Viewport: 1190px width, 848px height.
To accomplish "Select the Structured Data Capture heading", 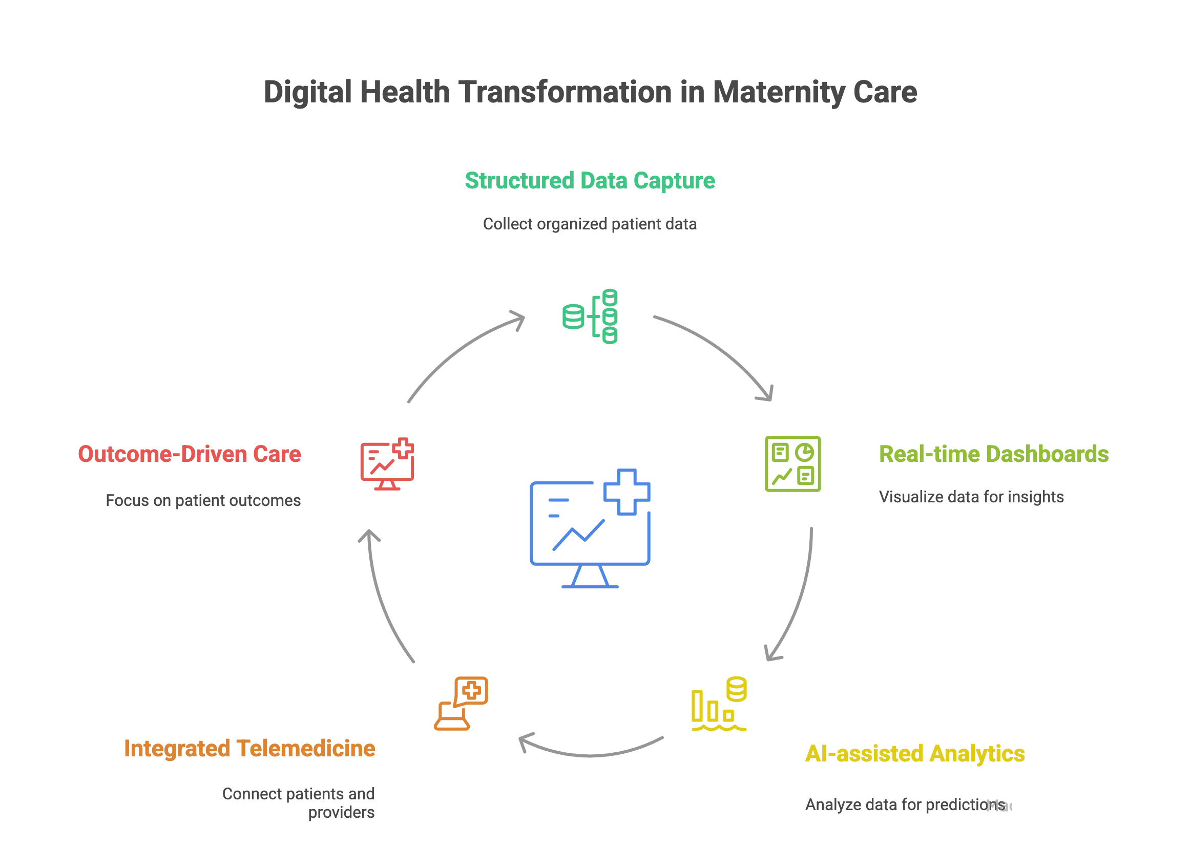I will (589, 181).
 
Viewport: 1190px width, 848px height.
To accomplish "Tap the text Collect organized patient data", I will (589, 224).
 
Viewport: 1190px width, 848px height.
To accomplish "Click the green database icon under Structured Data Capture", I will (590, 316).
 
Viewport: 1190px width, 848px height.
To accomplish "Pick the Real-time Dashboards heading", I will (993, 454).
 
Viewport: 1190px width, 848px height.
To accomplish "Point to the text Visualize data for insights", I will (971, 497).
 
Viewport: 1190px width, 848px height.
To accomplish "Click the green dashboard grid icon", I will (792, 463).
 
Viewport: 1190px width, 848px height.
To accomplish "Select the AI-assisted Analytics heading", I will (914, 753).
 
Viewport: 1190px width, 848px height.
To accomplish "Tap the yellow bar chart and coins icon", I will (719, 704).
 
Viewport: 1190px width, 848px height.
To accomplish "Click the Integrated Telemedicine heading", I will (249, 748).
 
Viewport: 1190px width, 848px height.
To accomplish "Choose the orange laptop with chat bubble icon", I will (461, 704).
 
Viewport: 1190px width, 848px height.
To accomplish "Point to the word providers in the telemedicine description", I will (341, 813).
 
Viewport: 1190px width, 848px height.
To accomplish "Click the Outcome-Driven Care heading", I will (189, 454).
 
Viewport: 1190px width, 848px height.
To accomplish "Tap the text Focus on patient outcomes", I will (203, 500).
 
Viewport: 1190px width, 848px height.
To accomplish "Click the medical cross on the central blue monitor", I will (627, 492).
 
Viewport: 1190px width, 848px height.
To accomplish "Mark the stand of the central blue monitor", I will (590, 577).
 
